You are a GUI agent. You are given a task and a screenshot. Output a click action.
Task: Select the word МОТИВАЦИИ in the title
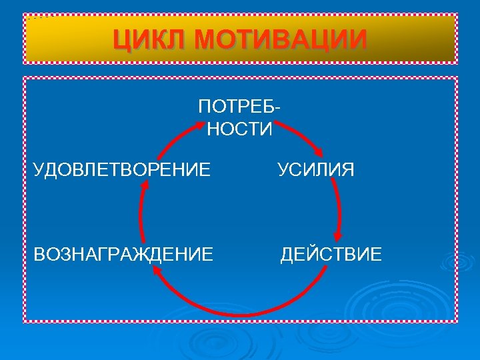281,39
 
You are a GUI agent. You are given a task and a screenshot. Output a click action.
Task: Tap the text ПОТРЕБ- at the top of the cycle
239,107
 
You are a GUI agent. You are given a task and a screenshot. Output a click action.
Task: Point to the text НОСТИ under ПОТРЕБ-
239,129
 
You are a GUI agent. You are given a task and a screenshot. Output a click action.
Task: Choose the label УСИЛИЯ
316,169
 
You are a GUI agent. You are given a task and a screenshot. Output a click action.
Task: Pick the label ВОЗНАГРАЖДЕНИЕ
124,253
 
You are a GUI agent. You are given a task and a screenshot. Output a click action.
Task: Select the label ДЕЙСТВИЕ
331,253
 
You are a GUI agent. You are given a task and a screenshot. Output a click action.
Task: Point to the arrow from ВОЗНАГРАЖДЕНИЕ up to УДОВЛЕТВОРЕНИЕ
141,213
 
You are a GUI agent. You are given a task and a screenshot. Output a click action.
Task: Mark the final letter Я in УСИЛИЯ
348,169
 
